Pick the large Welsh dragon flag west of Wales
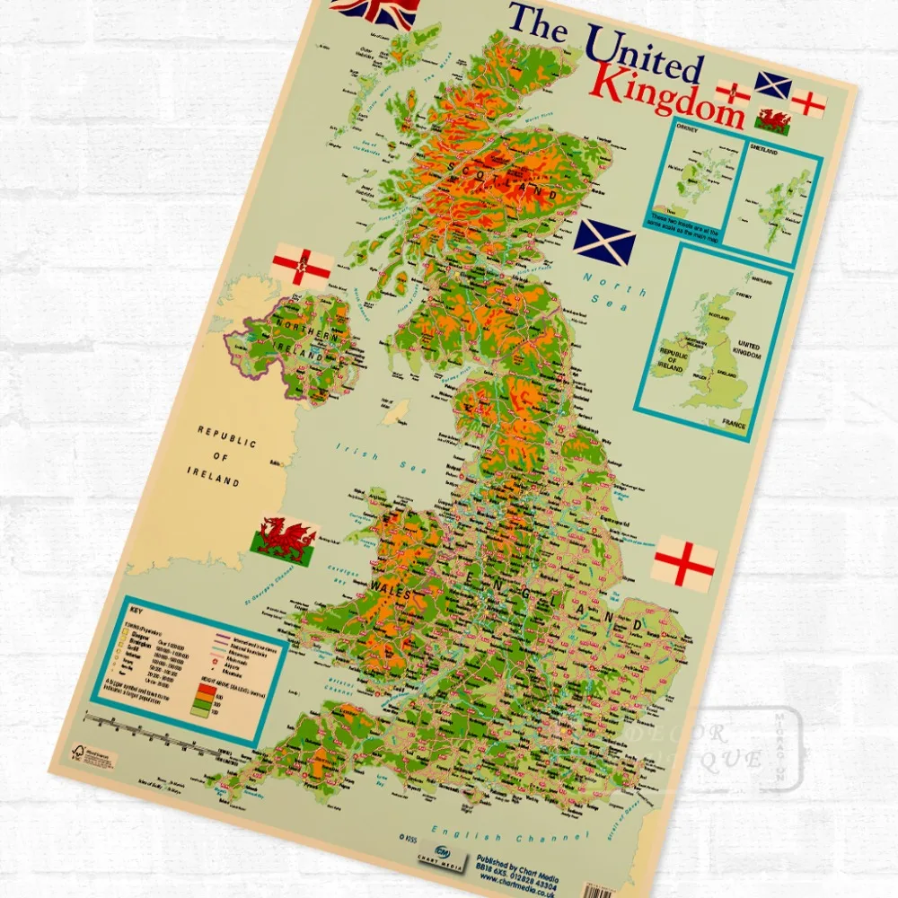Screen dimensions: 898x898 [285, 539]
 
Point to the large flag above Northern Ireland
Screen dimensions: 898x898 [303, 263]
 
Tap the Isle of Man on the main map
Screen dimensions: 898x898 [391, 414]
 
